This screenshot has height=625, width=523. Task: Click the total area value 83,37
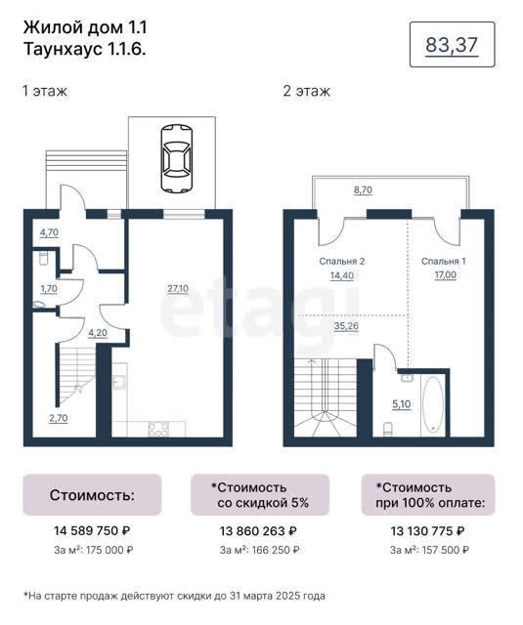452,45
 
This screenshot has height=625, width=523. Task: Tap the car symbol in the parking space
176,158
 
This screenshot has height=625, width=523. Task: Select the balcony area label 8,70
363,189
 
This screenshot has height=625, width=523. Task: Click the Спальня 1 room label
443,261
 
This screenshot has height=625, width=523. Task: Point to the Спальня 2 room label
342,261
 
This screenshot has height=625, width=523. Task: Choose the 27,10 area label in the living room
178,288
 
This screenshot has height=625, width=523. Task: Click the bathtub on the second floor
433,404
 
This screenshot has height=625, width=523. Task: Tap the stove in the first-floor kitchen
158,429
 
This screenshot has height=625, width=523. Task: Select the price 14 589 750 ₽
92,530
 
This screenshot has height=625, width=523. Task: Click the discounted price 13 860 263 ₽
258,531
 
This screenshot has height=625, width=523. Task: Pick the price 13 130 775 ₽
427,531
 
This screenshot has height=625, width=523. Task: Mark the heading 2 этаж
306,91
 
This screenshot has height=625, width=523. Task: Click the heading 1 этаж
45,91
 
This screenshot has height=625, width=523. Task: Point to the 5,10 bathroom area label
402,404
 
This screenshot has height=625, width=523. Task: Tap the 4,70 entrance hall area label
49,232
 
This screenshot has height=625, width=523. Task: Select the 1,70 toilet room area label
49,288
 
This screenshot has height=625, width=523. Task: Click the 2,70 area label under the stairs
59,418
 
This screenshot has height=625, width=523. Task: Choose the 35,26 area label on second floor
346,326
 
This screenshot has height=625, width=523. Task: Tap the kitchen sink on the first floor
119,382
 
